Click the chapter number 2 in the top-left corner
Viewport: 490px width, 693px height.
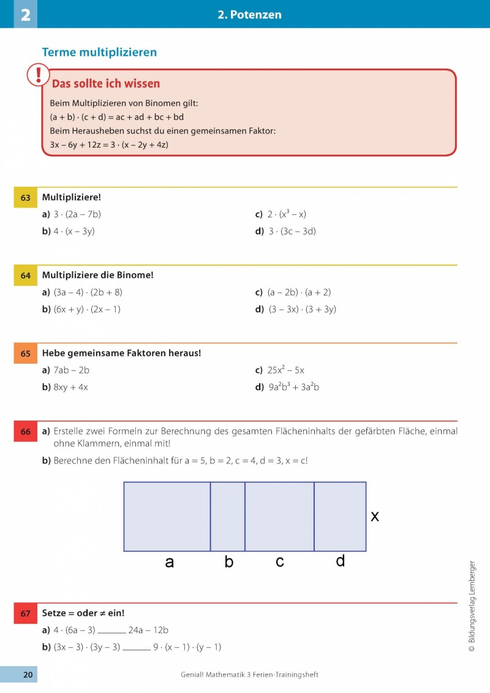[25, 15]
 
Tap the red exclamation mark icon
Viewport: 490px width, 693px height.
[39, 75]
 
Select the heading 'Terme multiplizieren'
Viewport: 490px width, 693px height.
[99, 53]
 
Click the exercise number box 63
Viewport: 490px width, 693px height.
[26, 198]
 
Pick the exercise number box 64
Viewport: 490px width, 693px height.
[26, 275]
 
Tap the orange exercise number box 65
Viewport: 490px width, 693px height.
[26, 353]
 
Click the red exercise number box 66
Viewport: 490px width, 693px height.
[26, 432]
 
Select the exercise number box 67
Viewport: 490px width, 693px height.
[26, 613]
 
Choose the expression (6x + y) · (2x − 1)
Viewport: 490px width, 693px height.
[87, 309]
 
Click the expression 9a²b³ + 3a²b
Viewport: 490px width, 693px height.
[294, 387]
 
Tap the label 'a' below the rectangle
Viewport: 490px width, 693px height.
[170, 562]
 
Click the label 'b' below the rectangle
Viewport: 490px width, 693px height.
[229, 562]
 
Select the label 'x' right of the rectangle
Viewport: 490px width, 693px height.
[375, 517]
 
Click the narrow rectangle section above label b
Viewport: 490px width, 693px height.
[228, 517]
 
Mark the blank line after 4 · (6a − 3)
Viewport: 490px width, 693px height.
[111, 631]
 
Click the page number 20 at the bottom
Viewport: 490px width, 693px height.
[28, 675]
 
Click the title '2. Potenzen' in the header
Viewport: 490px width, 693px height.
[249, 15]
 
